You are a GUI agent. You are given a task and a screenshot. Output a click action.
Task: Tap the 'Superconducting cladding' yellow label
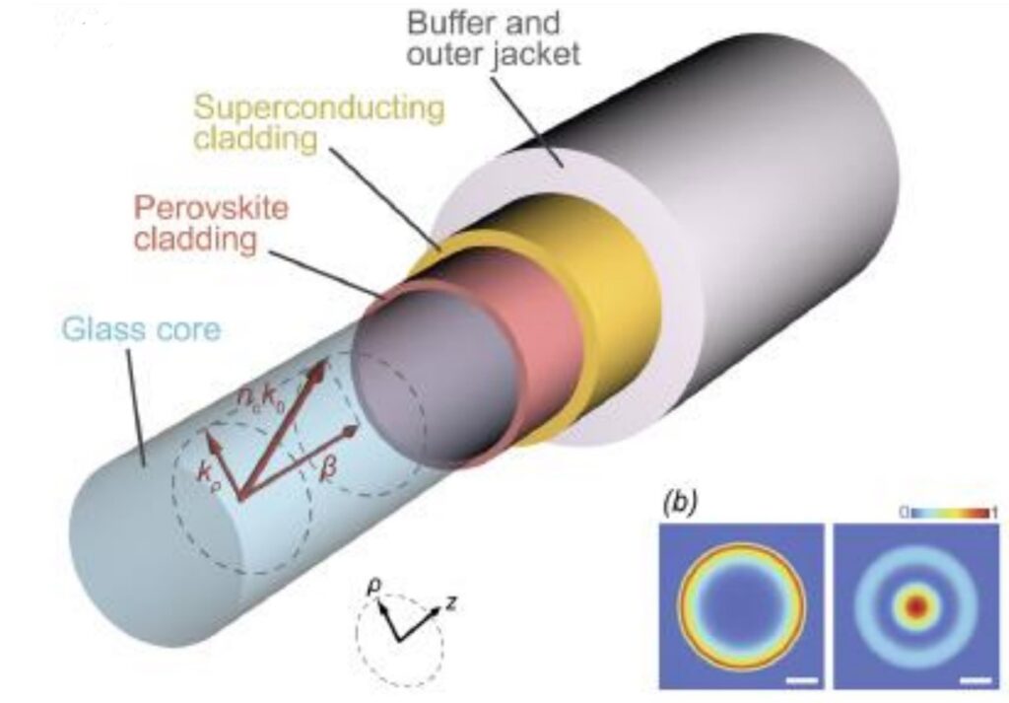[x=318, y=121]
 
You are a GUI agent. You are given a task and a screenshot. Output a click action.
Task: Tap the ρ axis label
[x=373, y=588]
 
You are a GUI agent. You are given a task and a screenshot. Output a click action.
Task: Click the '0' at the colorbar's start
[x=903, y=512]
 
